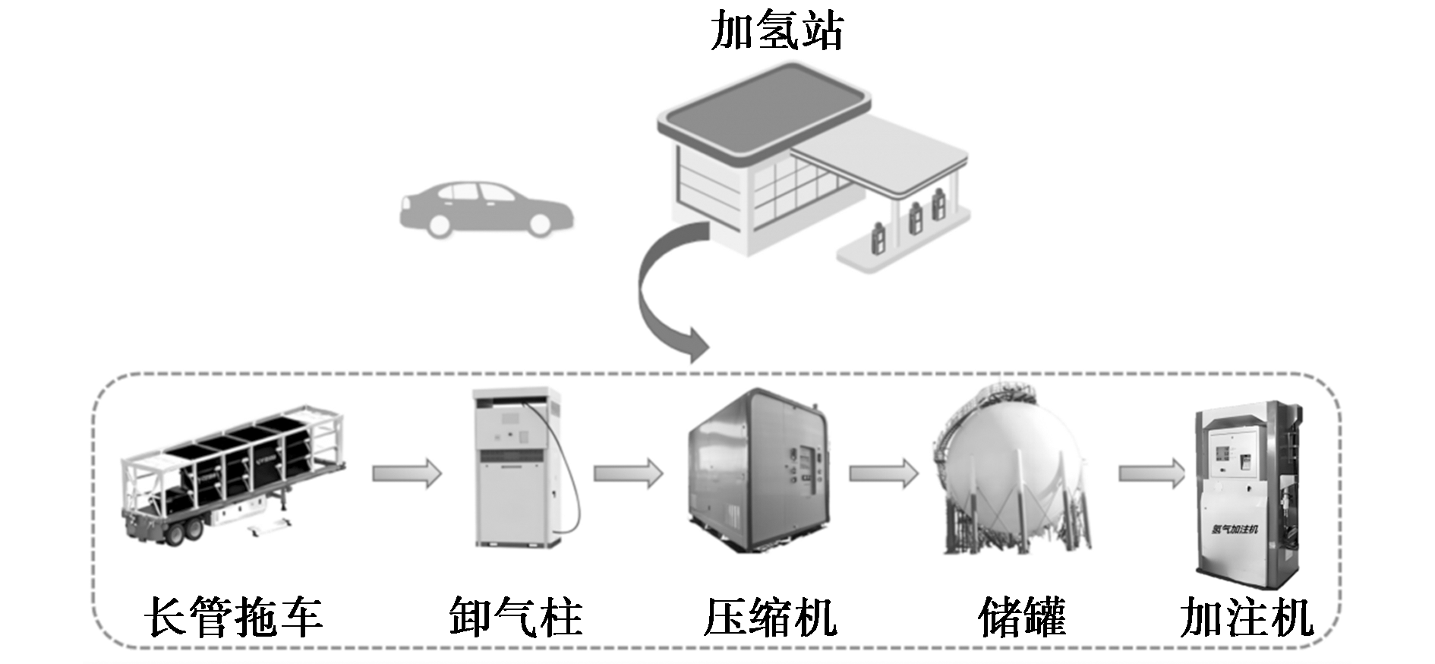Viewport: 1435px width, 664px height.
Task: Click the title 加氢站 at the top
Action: point(776,32)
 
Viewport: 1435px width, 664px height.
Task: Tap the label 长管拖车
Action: point(233,617)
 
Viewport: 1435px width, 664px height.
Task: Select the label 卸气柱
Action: point(516,617)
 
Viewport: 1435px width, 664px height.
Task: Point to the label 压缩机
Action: point(770,617)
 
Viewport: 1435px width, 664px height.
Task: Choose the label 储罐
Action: point(1022,617)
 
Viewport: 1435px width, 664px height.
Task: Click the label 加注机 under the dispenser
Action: point(1246,617)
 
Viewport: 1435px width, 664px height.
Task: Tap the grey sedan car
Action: point(486,209)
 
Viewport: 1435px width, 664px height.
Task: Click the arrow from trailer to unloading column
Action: point(407,473)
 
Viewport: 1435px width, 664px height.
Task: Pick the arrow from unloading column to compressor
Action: point(628,473)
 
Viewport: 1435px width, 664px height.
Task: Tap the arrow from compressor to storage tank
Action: point(883,473)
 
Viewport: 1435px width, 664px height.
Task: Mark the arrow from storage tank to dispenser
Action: point(1151,473)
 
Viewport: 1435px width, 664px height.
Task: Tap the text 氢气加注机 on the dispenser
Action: point(1235,529)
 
